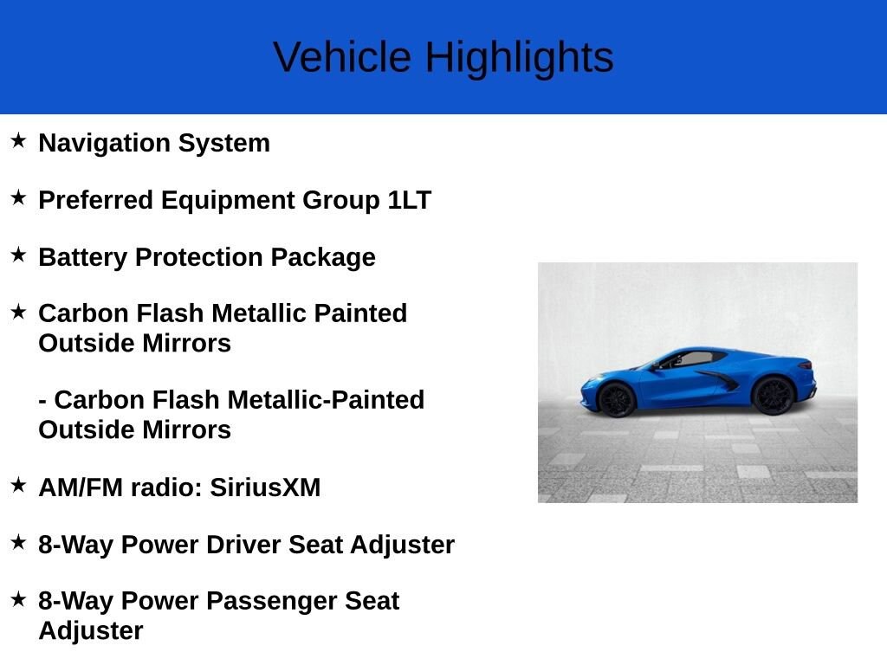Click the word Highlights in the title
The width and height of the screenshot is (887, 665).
point(520,58)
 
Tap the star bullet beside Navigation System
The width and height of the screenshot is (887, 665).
point(19,140)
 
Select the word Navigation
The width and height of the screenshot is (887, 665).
point(105,144)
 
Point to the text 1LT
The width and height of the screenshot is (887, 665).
point(410,200)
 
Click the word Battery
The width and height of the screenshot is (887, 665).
point(82,258)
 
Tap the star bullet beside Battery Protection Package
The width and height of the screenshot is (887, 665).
point(19,255)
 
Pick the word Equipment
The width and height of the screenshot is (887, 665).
point(228,201)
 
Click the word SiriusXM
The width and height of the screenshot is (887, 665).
point(265,487)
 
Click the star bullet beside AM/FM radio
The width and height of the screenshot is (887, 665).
point(19,485)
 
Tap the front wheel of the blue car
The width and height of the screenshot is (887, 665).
point(616,399)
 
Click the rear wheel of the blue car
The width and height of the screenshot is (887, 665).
point(773,395)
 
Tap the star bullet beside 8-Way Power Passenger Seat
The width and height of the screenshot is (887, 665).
point(19,598)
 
